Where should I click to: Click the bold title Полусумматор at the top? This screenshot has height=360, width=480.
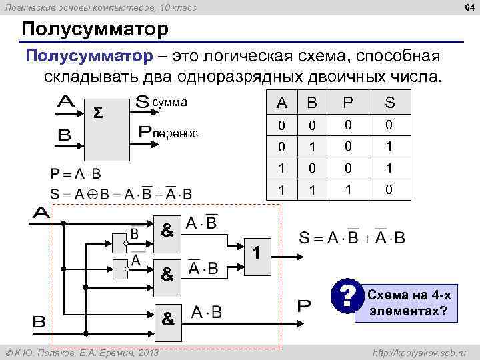coord(95,30)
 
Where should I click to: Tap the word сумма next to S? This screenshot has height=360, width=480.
coord(170,103)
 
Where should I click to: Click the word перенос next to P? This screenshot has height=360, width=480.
coord(176,133)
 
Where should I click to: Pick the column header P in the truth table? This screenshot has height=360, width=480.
coord(347,103)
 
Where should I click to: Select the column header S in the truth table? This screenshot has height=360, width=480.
coord(389,103)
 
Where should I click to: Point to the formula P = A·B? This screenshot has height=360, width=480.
coord(76,174)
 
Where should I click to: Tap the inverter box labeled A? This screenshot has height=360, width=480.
coord(121,269)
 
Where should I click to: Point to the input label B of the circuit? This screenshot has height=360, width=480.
coord(39,321)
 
